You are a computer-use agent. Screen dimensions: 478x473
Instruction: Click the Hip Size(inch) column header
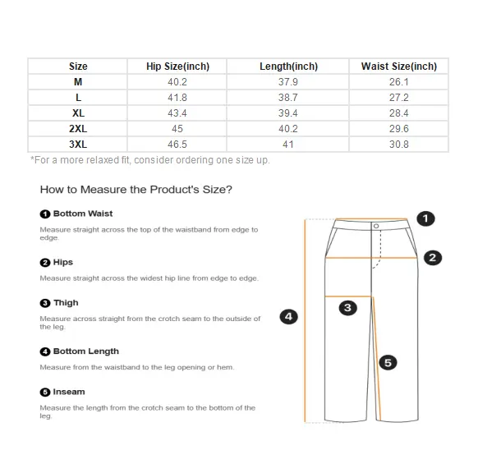(177, 67)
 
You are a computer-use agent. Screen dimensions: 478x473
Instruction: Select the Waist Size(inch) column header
(398, 67)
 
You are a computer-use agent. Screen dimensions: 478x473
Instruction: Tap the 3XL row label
(78, 145)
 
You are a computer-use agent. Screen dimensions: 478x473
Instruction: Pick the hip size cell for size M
(177, 81)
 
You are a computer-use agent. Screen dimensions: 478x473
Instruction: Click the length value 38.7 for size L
(287, 98)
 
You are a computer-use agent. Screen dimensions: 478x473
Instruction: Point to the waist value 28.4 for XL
(398, 113)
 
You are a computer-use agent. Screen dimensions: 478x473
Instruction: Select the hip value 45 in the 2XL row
(177, 129)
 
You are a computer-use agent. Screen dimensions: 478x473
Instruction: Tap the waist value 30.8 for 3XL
(398, 145)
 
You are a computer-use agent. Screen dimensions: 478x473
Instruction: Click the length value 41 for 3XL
(287, 145)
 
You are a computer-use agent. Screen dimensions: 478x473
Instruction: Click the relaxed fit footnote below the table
(150, 160)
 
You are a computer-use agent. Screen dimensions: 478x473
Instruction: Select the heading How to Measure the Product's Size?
(136, 190)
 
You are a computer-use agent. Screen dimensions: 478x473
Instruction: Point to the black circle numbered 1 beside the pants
(425, 218)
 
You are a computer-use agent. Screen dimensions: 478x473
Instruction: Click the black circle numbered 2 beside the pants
(433, 258)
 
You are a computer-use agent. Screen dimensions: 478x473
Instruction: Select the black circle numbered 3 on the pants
(348, 308)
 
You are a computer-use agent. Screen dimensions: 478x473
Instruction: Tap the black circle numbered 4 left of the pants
(289, 317)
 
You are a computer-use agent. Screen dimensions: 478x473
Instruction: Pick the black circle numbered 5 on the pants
(388, 363)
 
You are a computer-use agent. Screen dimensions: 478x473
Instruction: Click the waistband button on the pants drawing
(376, 226)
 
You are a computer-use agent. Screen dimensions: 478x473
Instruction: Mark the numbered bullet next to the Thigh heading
(45, 303)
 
